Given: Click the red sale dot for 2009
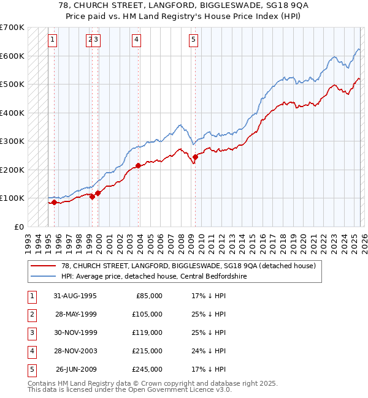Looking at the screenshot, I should click(195, 157).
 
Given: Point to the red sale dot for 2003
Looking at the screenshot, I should click(139, 165).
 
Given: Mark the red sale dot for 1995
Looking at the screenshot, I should click(54, 202).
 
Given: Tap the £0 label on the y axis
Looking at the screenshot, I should click(18, 227).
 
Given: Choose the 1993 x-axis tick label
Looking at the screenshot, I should click(28, 239).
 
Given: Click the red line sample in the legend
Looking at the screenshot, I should click(43, 266).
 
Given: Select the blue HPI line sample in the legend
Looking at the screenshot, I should click(43, 276).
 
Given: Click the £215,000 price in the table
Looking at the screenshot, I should click(148, 351).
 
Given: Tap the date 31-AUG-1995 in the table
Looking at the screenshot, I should click(75, 296).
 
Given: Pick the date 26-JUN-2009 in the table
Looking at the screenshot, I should click(75, 369).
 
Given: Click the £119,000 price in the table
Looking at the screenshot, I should click(148, 332).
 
